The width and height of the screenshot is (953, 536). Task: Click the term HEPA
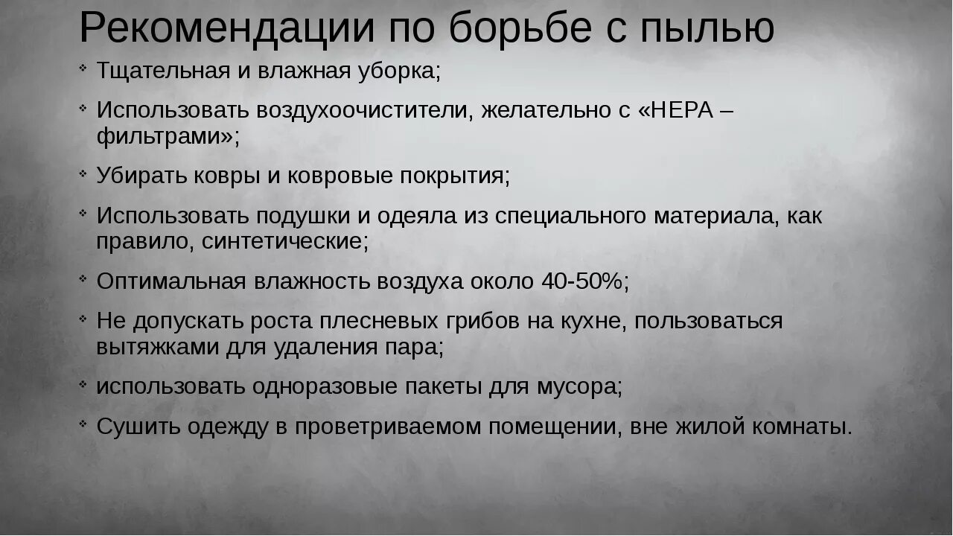pyautogui.click(x=682, y=110)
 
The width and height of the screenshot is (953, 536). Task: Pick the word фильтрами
pyautogui.click(x=164, y=136)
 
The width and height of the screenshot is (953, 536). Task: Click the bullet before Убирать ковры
pyautogui.click(x=83, y=174)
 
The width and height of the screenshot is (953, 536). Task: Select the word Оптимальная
pyautogui.click(x=171, y=282)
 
